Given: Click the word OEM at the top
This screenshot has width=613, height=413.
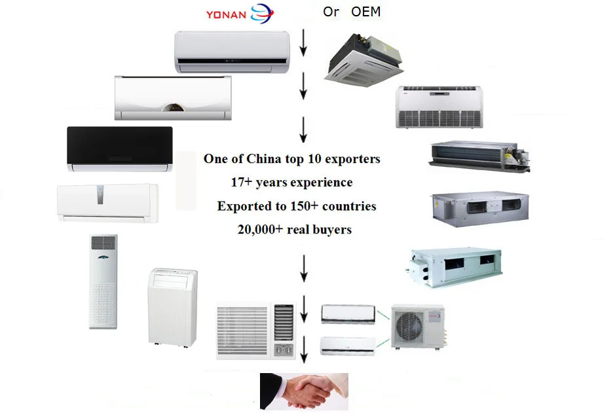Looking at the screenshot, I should (365, 12).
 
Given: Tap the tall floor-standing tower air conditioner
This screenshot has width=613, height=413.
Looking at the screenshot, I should (103, 281).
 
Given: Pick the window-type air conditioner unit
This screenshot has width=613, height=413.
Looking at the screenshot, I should (255, 331).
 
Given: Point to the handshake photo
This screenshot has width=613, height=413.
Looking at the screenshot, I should (304, 391).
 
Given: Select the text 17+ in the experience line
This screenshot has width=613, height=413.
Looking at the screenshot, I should (242, 183).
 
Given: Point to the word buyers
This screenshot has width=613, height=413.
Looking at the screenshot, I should (331, 230).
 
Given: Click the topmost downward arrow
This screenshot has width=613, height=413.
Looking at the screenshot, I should (304, 45).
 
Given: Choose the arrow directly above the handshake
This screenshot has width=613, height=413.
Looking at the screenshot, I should (304, 354).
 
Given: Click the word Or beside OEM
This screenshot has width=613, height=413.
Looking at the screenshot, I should (331, 12).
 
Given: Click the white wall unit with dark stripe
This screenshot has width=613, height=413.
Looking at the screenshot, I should (232, 52).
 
